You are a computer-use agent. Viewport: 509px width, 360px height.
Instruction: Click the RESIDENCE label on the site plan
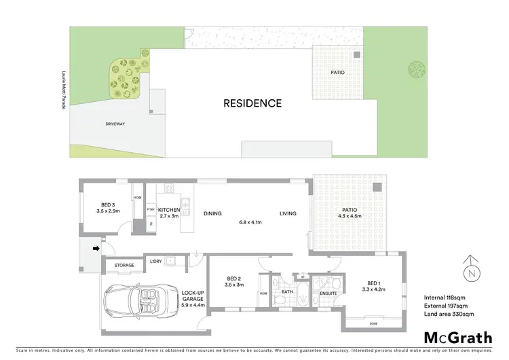[252, 104]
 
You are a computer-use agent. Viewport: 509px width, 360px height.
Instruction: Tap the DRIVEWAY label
[115, 124]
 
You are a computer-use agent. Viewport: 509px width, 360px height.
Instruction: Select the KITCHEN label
[168, 211]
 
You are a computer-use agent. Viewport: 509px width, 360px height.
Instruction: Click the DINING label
[212, 214]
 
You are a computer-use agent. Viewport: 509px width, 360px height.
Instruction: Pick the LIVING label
[289, 214]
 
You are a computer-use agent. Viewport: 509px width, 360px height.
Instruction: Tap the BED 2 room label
[235, 280]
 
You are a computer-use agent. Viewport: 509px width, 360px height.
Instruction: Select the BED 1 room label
[375, 284]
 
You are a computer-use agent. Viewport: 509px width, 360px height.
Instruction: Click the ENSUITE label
[328, 293]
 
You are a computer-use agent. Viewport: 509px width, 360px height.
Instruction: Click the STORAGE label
[124, 265]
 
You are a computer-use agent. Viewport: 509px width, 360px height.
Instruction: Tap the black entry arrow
[96, 249]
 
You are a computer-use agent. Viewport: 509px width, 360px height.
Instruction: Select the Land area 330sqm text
[449, 314]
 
